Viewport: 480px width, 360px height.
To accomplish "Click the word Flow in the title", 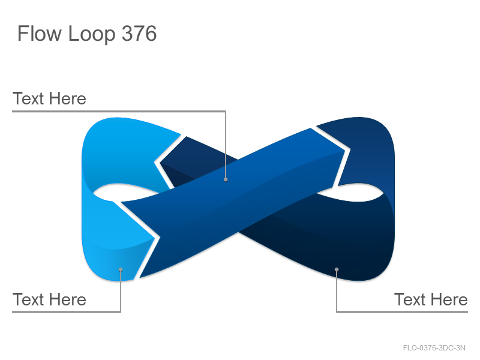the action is point(39,34).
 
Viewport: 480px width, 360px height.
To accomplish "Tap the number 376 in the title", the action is point(139,34).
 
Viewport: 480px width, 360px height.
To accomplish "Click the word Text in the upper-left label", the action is point(28,98).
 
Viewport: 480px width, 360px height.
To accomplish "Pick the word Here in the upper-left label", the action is point(67,98).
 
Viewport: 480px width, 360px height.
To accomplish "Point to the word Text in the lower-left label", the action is point(28,299).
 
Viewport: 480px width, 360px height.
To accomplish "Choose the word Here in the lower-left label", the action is point(67,299).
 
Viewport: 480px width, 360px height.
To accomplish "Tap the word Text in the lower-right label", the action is point(410,299).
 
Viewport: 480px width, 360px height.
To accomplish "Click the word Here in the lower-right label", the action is point(449,299).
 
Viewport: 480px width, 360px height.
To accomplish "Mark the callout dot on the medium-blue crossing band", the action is point(226,179).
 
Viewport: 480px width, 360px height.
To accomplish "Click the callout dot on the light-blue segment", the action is point(121,269).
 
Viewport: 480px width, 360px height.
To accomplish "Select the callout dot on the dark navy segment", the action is point(337,269).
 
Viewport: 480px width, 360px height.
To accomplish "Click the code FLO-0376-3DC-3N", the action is point(434,348).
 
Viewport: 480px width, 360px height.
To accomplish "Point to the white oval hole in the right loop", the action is point(352,193).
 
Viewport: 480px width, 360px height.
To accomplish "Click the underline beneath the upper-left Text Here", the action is point(119,112).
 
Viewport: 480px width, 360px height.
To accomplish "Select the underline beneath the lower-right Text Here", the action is point(402,311).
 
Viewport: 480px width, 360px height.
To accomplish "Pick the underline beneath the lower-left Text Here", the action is point(67,311).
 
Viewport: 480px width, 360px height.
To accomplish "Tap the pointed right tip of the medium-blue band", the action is point(344,151).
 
